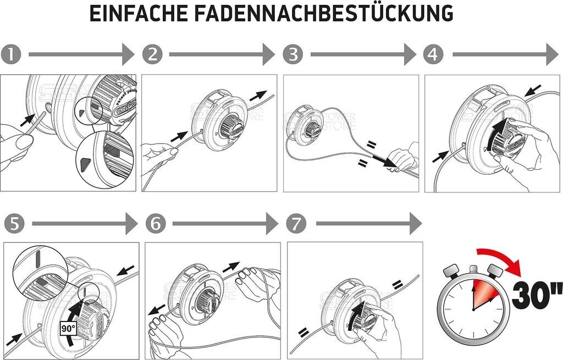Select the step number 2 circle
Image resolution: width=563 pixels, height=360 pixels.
pyautogui.click(x=152, y=54)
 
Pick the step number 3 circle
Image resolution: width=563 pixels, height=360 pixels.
pyautogui.click(x=293, y=54)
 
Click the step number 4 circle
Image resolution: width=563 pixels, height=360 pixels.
pyautogui.click(x=434, y=54)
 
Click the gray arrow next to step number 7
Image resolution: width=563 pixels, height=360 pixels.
pyautogui.click(x=368, y=224)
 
